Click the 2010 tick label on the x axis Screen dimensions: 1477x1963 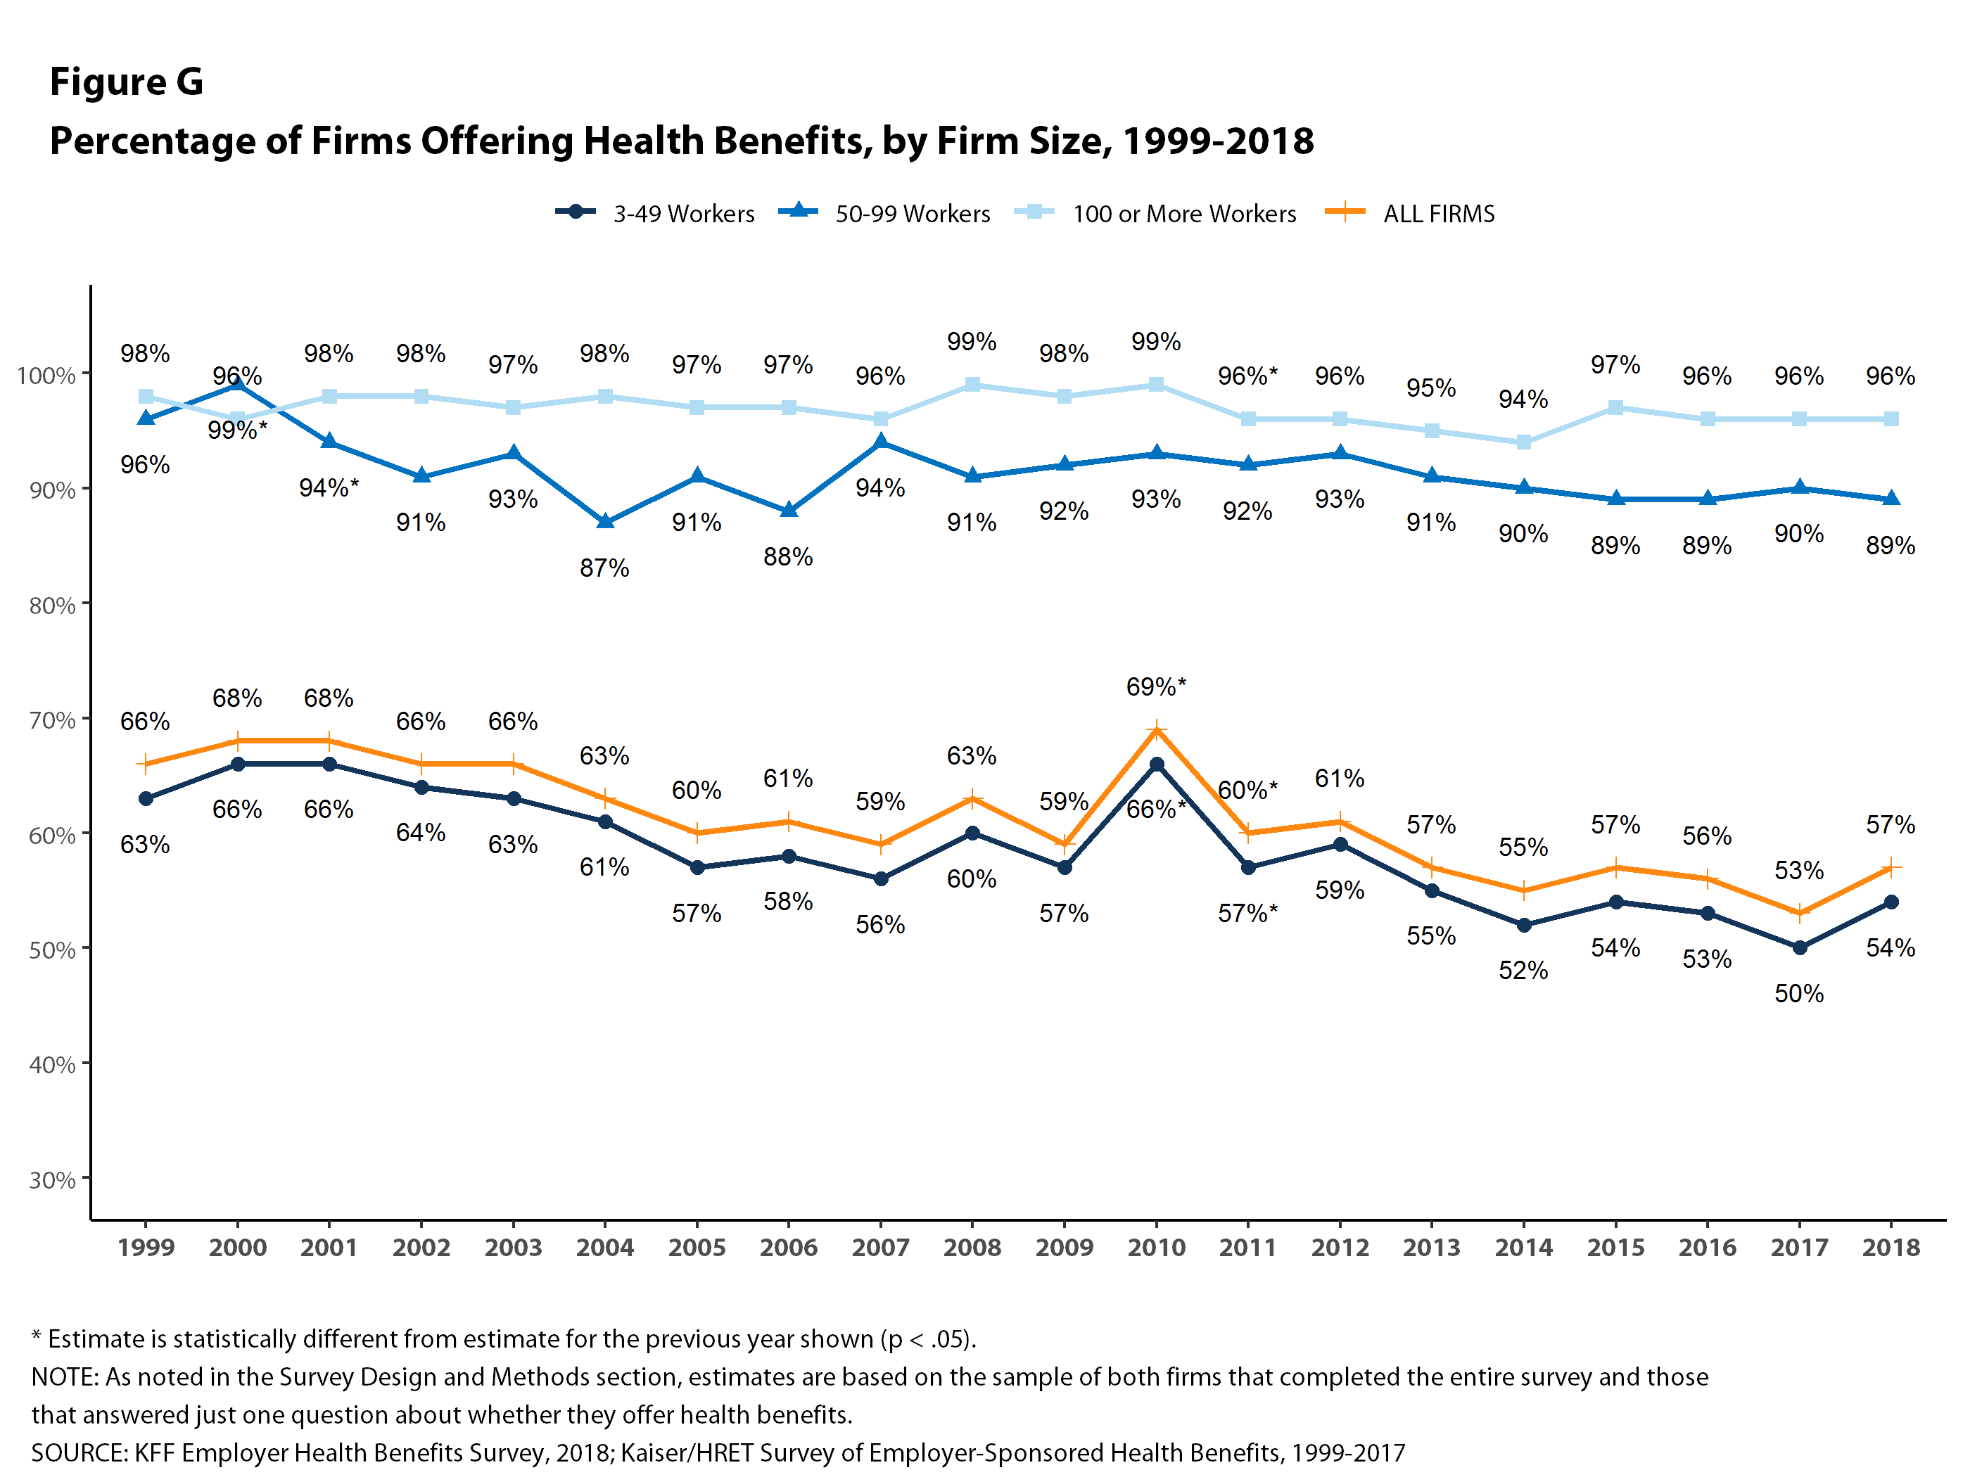coord(1155,1247)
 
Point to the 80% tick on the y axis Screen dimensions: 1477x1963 coord(51,606)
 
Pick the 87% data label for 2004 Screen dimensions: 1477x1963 coord(604,568)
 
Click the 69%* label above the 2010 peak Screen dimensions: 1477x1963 coord(1155,686)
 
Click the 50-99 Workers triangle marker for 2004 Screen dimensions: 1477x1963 coord(605,522)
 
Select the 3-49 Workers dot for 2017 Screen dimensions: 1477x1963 coord(1800,947)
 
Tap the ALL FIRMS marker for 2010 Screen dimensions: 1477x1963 coord(1156,730)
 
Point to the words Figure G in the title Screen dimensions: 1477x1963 coord(126,82)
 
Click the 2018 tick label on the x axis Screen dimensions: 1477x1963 coord(1891,1247)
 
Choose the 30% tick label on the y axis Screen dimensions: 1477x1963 coord(51,1179)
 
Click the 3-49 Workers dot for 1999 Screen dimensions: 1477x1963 coord(146,798)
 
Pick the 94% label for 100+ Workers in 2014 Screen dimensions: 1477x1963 coord(1523,399)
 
